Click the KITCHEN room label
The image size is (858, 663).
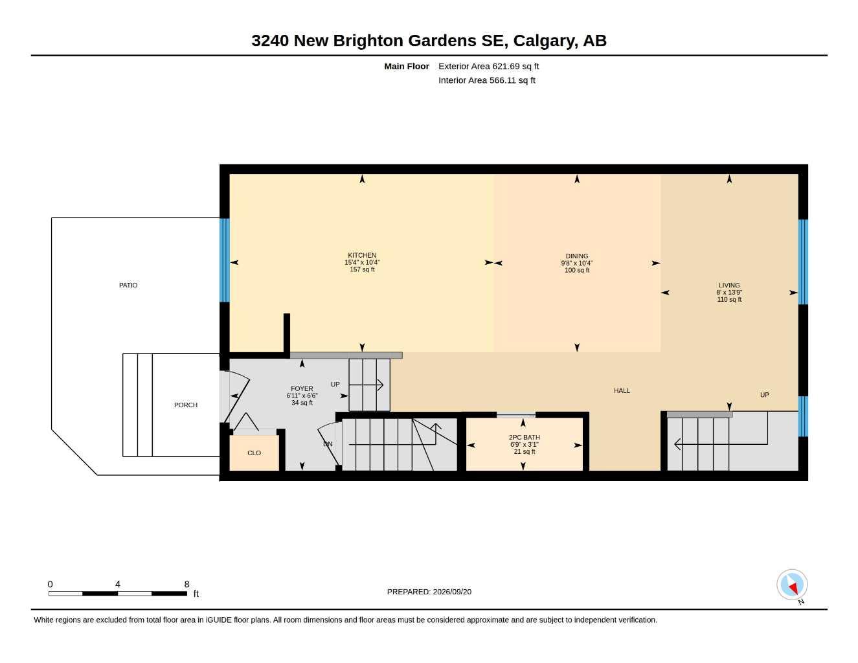click(x=362, y=255)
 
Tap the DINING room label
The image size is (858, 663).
click(x=576, y=256)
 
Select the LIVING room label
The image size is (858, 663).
click(x=729, y=286)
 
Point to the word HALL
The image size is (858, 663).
click(x=622, y=390)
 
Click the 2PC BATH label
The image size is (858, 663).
click(x=524, y=437)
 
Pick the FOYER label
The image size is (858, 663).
click(x=302, y=388)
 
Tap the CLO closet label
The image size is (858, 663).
click(x=254, y=453)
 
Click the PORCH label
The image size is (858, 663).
click(x=186, y=405)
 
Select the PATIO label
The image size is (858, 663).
click(x=128, y=286)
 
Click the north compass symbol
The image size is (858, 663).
click(x=792, y=585)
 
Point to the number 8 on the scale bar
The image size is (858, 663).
click(x=186, y=584)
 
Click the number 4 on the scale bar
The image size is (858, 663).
click(x=118, y=584)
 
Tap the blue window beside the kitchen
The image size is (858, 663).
click(x=224, y=260)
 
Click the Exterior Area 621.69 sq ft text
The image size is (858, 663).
click(x=488, y=66)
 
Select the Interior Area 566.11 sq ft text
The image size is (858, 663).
click(x=487, y=80)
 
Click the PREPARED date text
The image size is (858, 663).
click(x=429, y=592)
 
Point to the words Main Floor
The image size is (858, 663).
click(x=406, y=66)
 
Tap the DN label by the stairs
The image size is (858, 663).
click(x=328, y=444)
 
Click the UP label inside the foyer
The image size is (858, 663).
click(x=335, y=385)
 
